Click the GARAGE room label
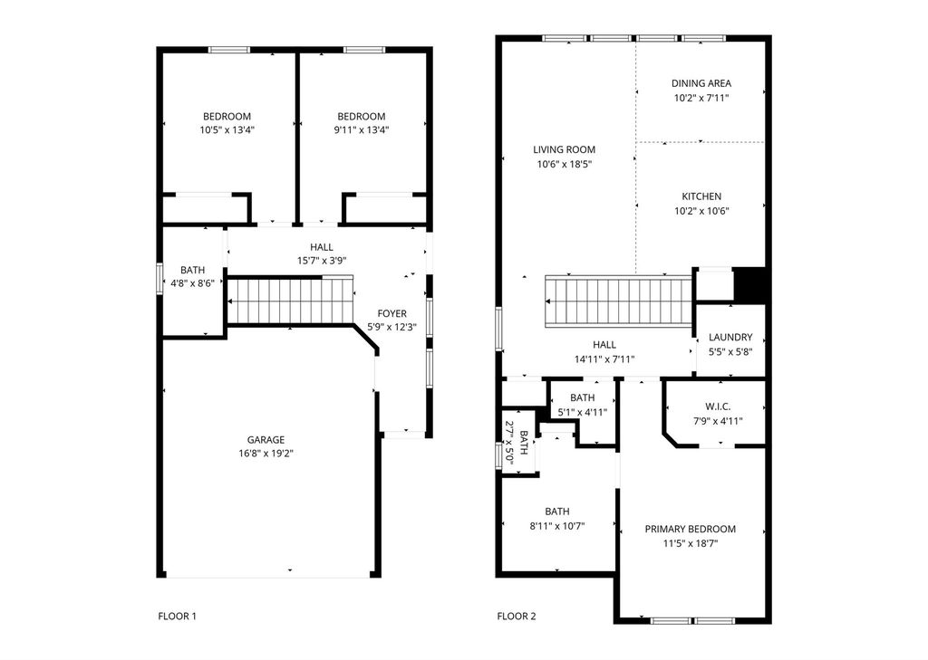(x=266, y=440)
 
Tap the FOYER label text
(x=391, y=313)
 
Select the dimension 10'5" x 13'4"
(x=227, y=130)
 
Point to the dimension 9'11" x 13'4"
(x=361, y=130)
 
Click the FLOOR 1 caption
(x=177, y=617)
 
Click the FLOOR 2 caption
(x=516, y=617)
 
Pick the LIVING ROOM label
(x=564, y=149)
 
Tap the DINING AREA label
(x=701, y=83)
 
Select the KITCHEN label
(x=701, y=196)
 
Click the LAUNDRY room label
(x=730, y=337)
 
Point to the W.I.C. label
(x=718, y=407)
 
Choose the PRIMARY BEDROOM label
(x=690, y=530)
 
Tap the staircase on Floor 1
(x=291, y=301)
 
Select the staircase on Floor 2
(x=618, y=301)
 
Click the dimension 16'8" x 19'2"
(x=266, y=454)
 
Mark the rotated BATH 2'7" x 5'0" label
(x=517, y=443)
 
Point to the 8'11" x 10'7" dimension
(x=557, y=526)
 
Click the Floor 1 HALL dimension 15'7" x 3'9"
(x=322, y=261)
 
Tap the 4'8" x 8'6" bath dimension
(x=192, y=284)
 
